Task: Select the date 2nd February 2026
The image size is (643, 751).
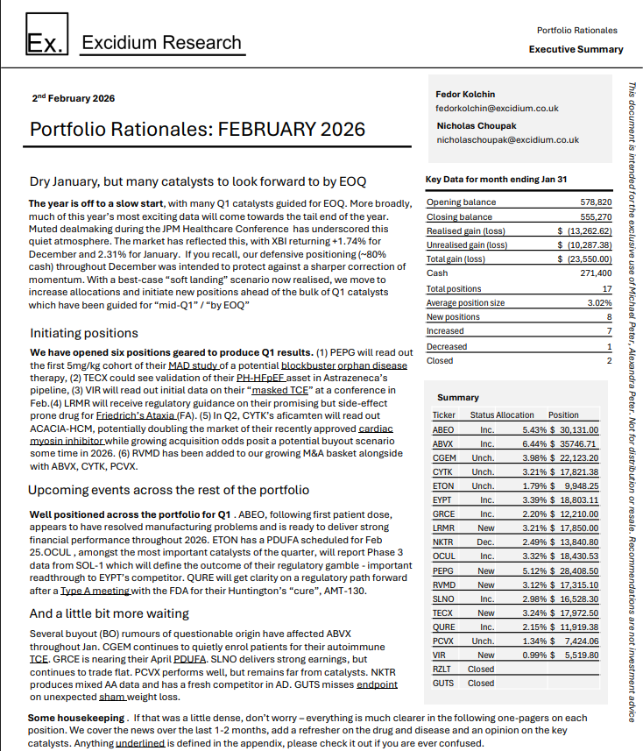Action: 73,98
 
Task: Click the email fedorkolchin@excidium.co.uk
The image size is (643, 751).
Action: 497,108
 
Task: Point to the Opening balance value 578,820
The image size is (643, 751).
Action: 596,202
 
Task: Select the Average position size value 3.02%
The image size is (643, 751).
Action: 600,303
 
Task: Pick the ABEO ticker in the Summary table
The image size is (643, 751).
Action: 443,429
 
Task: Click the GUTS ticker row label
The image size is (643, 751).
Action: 443,683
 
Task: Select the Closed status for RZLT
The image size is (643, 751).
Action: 481,669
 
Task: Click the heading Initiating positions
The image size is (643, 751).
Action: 84,333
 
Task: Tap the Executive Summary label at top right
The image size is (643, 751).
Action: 576,49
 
